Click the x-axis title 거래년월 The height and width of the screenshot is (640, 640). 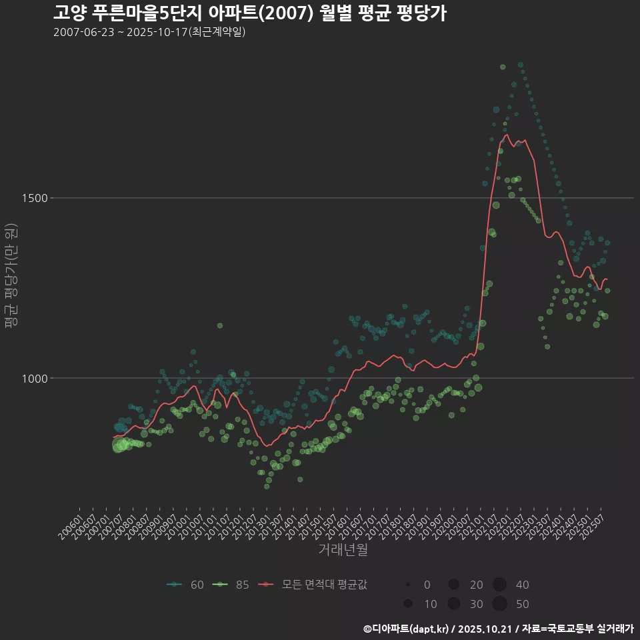click(x=343, y=549)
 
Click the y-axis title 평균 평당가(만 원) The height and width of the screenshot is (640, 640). click(x=10, y=275)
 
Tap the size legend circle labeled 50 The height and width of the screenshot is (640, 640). click(x=500, y=604)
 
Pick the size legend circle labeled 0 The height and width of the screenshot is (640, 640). click(x=407, y=585)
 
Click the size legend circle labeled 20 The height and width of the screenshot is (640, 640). click(x=453, y=585)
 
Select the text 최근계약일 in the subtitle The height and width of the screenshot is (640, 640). click(x=217, y=32)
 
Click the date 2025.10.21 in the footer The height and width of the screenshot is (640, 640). click(x=485, y=628)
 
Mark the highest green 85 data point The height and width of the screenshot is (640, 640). click(x=503, y=67)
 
